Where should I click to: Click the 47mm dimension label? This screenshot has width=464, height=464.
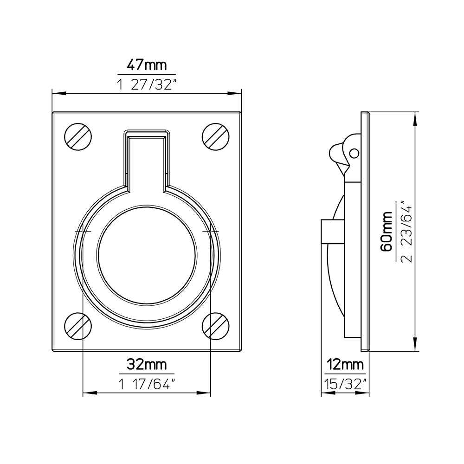pos(147,65)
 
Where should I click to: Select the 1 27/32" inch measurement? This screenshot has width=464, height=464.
pos(147,84)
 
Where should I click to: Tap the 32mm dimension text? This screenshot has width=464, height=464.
pos(147,365)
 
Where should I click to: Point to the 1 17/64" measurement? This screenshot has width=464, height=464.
pos(147,384)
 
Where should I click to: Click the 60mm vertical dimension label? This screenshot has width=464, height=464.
pos(387,231)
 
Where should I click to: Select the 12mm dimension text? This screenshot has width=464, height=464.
pos(345,365)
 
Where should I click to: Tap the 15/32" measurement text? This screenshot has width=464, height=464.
pos(345,384)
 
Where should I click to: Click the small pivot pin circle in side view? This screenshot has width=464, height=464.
pos(354,153)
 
